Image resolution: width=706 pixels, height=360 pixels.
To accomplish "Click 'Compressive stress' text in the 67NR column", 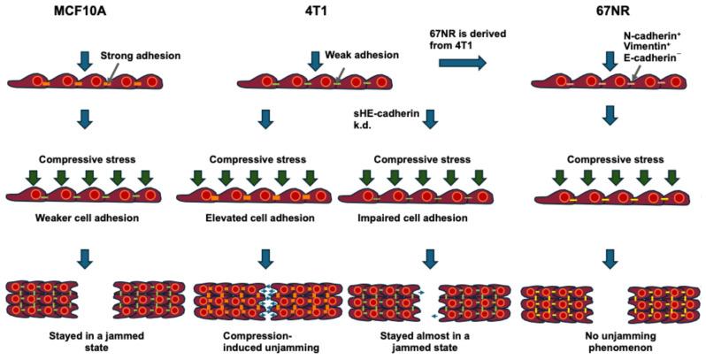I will click(x=609, y=161).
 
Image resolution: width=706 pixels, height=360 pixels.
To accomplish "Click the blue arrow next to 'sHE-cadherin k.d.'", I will click(x=431, y=119).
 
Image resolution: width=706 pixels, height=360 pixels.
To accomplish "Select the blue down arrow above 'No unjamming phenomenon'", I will click(x=608, y=258).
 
